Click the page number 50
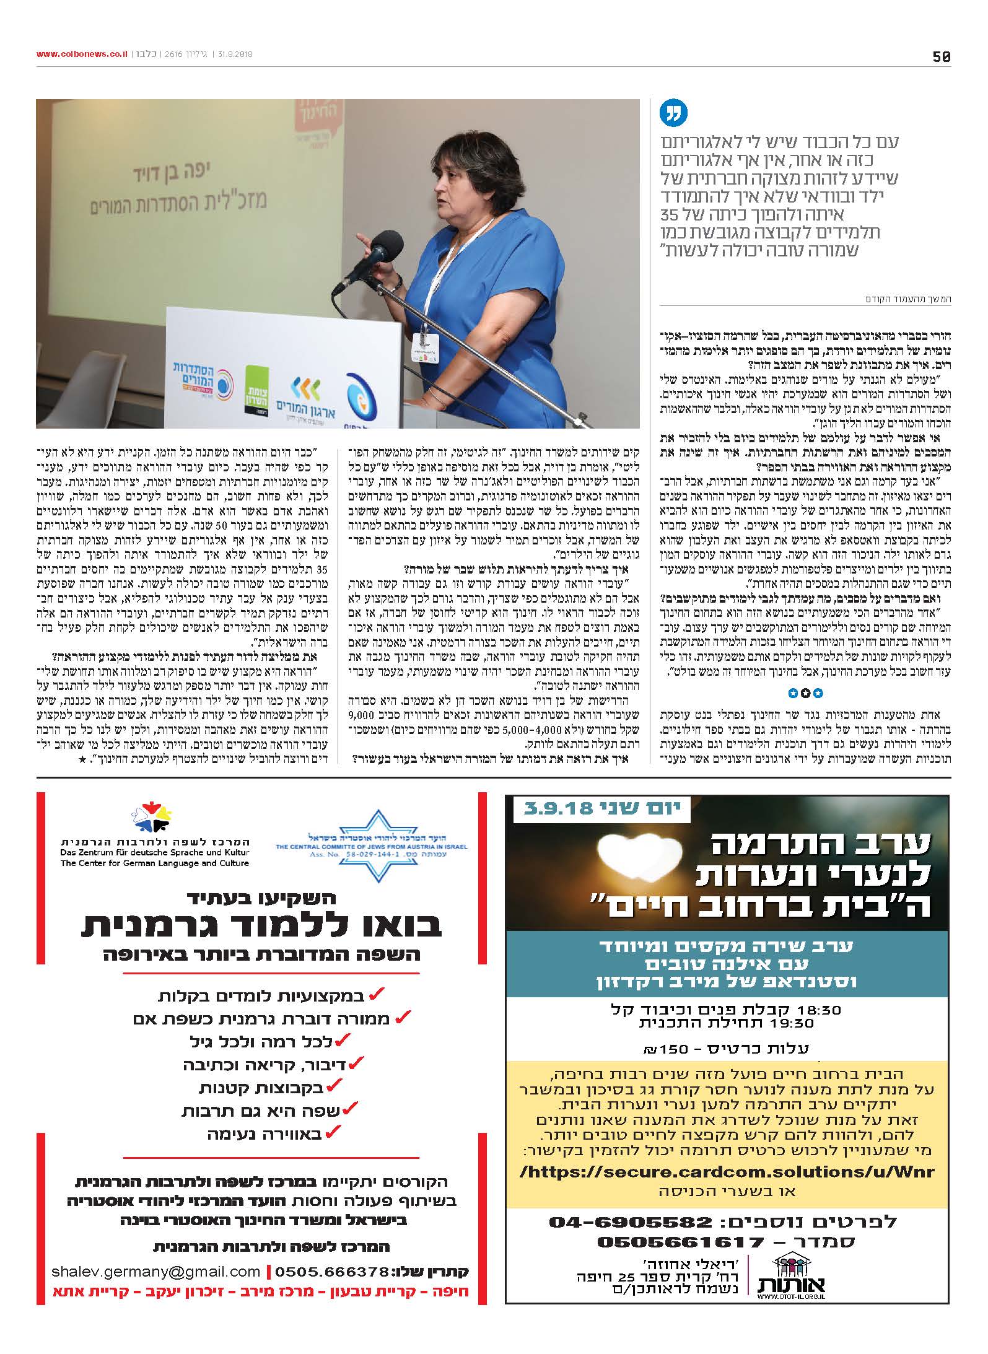coord(941,56)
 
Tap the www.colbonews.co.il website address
coord(81,55)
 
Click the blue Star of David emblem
coord(370,844)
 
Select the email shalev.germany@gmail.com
coord(156,1270)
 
